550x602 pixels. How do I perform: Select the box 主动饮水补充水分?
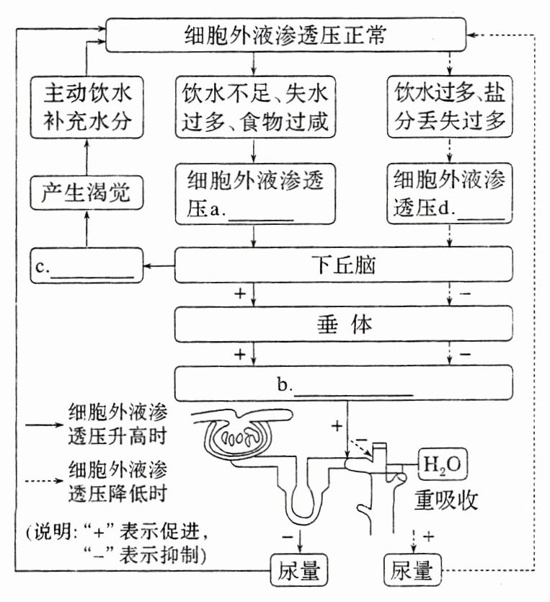point(85,108)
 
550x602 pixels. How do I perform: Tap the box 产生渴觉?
point(85,193)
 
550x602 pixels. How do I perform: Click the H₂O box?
point(444,462)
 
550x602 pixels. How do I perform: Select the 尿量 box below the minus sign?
point(298,571)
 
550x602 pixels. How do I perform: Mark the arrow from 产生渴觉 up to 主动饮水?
point(85,159)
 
